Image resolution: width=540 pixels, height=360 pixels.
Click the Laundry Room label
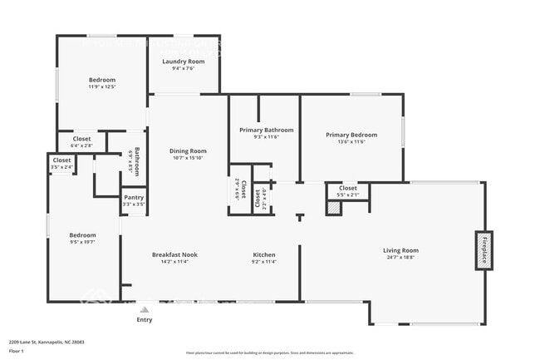pos(184,62)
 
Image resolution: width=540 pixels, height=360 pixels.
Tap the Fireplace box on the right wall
pos(484,249)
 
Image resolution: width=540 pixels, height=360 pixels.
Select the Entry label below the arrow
pos(145,319)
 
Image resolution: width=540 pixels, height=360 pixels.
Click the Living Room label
pos(400,250)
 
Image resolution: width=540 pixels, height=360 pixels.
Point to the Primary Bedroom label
pos(351,135)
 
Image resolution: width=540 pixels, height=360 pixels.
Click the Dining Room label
pos(189,150)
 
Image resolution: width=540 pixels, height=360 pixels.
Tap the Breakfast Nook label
pos(174,254)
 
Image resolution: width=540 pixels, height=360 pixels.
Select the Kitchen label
pos(264,254)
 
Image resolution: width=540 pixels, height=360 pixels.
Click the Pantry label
pos(134,197)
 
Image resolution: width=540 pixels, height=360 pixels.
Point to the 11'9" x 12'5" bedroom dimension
pos(101,86)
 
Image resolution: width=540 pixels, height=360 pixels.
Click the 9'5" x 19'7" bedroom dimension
pos(82,242)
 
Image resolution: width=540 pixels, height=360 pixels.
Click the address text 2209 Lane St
pos(47,342)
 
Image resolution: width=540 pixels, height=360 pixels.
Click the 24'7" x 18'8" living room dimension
pos(400,258)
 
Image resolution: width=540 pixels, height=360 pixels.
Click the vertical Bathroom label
pos(137,161)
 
